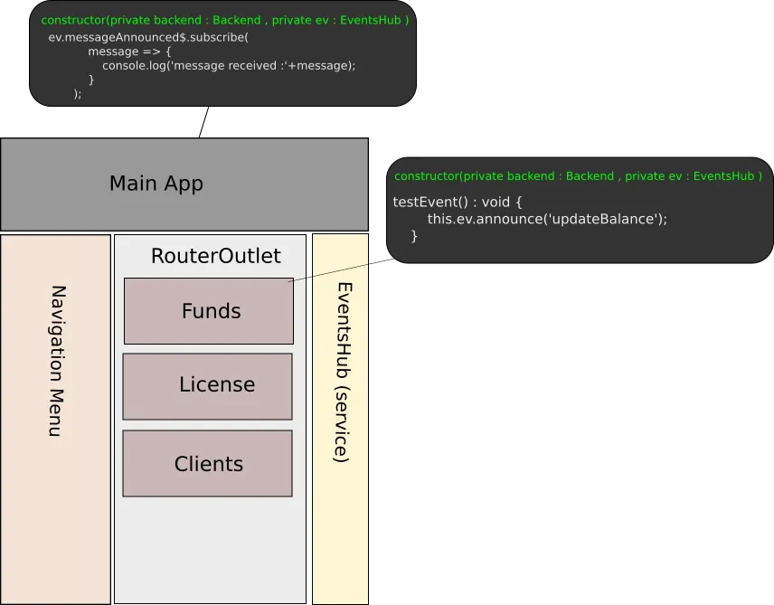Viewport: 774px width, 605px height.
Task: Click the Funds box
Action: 209,311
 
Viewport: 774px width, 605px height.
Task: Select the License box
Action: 208,385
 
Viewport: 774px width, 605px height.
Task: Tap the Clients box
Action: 208,464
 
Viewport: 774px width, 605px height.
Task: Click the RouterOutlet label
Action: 215,256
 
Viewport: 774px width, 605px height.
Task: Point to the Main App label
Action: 156,184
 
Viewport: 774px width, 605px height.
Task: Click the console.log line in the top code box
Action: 229,65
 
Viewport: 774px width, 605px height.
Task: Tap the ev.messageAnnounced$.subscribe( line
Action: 148,37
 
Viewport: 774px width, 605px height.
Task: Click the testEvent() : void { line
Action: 458,201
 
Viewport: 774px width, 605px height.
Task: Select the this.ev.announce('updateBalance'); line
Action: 547,219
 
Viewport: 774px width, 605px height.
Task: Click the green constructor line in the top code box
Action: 225,20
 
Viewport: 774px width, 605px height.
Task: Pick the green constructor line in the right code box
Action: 578,176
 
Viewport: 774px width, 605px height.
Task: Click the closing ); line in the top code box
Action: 77,93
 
